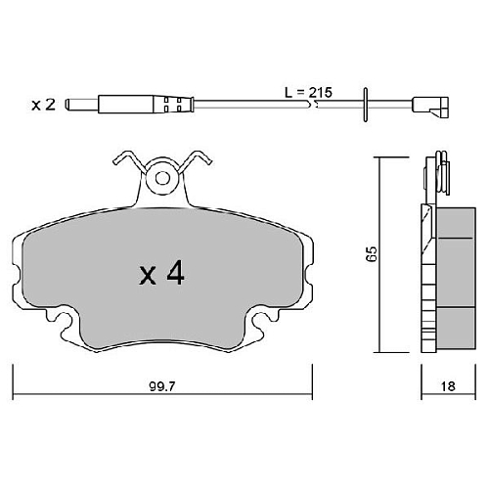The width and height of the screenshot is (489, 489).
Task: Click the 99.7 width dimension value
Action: [162, 386]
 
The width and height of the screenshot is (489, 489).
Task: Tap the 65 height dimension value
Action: [372, 253]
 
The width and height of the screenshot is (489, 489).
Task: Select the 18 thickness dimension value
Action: [448, 386]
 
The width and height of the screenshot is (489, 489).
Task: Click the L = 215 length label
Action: [308, 93]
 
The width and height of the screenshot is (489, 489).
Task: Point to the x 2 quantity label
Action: [43, 105]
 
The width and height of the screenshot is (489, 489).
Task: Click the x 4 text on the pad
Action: [162, 274]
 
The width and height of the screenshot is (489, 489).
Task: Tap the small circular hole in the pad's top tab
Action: [162, 178]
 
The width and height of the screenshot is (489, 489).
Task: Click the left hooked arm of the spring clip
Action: [130, 160]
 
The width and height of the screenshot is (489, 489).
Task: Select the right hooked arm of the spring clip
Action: [195, 160]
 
